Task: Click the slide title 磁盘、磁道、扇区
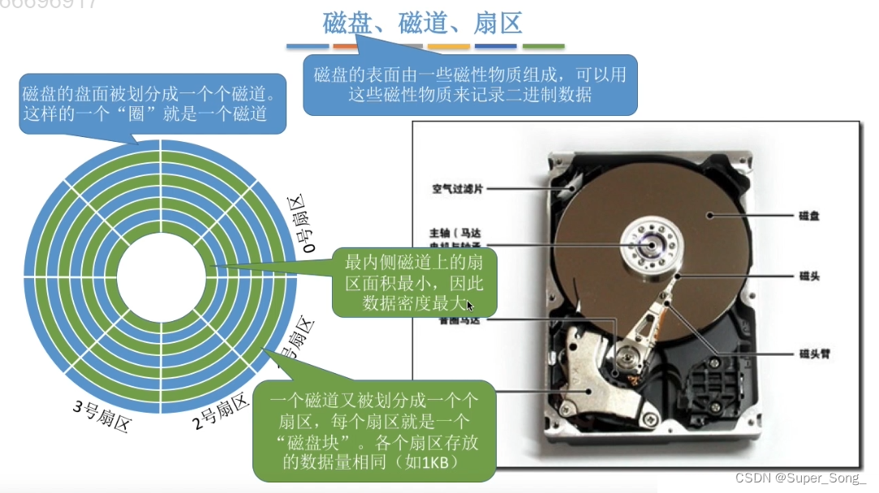point(422,23)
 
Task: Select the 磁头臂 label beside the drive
point(815,354)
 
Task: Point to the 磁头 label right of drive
point(809,277)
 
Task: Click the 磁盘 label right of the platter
point(809,216)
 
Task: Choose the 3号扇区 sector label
point(101,415)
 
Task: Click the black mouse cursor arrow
point(471,306)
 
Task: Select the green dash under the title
point(543,47)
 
